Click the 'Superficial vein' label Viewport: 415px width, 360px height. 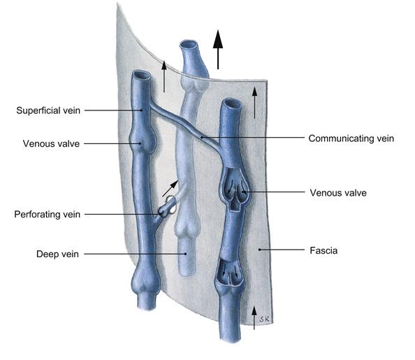point(48,110)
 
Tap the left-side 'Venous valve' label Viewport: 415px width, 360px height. point(51,143)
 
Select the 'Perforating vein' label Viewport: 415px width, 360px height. point(47,215)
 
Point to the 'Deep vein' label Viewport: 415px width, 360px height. point(57,254)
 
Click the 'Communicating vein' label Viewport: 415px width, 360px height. point(351,138)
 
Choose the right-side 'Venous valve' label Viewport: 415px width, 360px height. point(338,193)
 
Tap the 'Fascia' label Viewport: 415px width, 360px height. point(323,250)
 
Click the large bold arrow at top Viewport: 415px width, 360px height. point(218,50)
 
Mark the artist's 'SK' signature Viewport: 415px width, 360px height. point(264,319)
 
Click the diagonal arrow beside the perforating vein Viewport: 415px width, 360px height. point(170,189)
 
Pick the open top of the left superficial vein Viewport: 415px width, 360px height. point(142,75)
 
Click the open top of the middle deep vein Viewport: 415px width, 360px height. point(189,45)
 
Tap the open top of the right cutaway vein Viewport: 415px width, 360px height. point(231,103)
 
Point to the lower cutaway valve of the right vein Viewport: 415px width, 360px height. point(229,273)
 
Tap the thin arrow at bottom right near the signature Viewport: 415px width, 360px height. point(254,318)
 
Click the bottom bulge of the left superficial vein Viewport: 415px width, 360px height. point(145,281)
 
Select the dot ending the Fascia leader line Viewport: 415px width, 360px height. point(259,250)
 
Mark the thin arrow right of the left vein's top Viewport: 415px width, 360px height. point(164,76)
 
